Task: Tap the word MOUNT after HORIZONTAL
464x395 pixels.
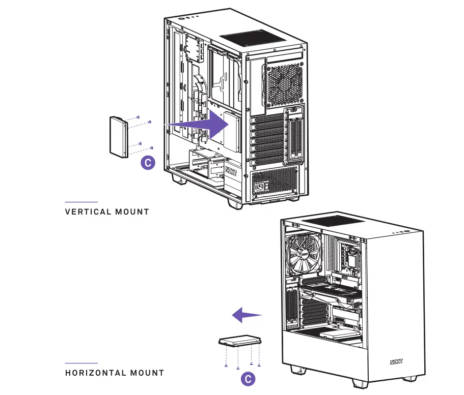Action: click(147, 373)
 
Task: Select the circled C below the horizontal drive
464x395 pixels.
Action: click(248, 379)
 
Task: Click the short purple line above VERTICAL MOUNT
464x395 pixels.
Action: click(81, 202)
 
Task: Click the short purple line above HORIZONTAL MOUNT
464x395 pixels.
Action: click(81, 363)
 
